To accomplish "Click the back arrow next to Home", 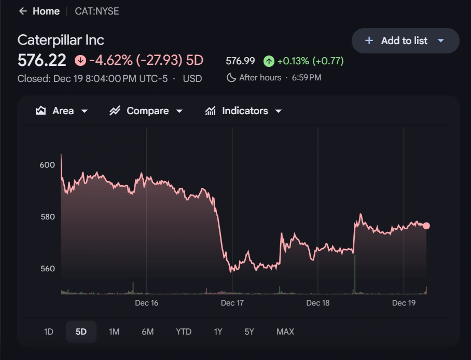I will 22,11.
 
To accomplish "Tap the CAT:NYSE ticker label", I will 97,11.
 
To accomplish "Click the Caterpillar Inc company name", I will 61,40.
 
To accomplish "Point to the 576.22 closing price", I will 42,61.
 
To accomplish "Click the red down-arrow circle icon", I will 80,61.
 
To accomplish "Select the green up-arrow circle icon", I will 269,61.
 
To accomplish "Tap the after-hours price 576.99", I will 240,61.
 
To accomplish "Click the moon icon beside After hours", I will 231,78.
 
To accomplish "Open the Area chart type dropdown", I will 62,111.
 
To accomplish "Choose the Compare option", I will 146,111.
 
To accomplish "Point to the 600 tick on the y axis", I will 47,165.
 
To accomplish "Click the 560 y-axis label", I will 47,269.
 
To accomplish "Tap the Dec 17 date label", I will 232,303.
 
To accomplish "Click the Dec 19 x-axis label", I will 404,303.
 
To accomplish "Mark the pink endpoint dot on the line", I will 426,226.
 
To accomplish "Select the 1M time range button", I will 114,332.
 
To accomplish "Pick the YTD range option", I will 184,332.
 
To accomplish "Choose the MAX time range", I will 285,332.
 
